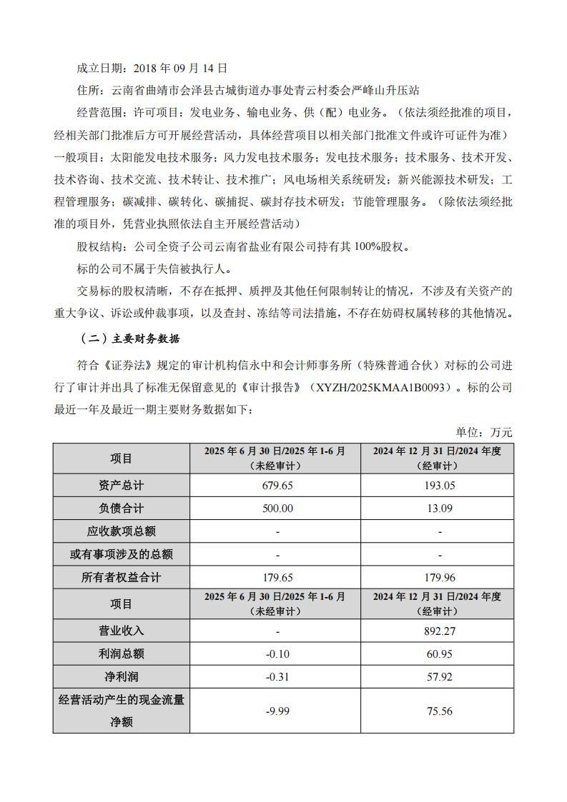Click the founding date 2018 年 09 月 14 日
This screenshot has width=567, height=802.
[x=180, y=68]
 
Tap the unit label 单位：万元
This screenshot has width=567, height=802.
[x=484, y=433]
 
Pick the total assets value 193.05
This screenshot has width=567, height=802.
[x=439, y=486]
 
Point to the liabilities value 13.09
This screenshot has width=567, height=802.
[x=439, y=508]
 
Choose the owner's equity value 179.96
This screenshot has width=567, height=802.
[x=439, y=578]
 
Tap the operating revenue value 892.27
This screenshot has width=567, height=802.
[x=439, y=631]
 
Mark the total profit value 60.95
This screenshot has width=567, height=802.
[x=439, y=654]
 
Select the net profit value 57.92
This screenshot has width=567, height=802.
[x=439, y=677]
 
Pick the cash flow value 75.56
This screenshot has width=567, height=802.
[x=439, y=711]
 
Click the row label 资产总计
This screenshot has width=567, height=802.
[x=122, y=486]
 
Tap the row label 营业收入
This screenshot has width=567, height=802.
[x=122, y=631]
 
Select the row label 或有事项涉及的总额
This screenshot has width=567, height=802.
[x=122, y=555]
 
